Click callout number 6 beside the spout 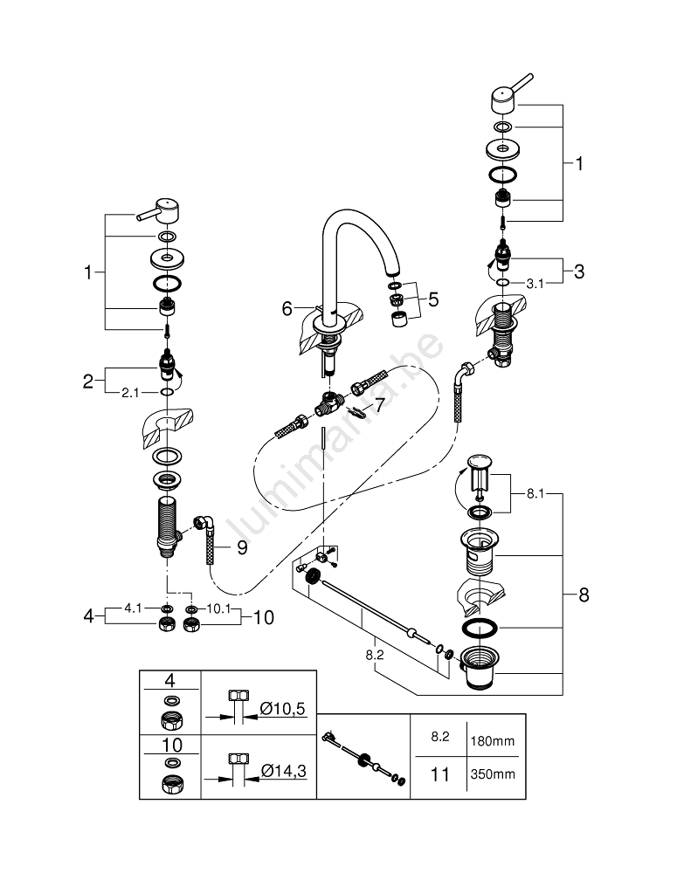[286, 307]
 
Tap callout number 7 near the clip [379, 405]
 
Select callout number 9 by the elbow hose [241, 548]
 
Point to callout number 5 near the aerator [433, 299]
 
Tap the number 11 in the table [441, 773]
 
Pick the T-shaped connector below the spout [325, 404]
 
